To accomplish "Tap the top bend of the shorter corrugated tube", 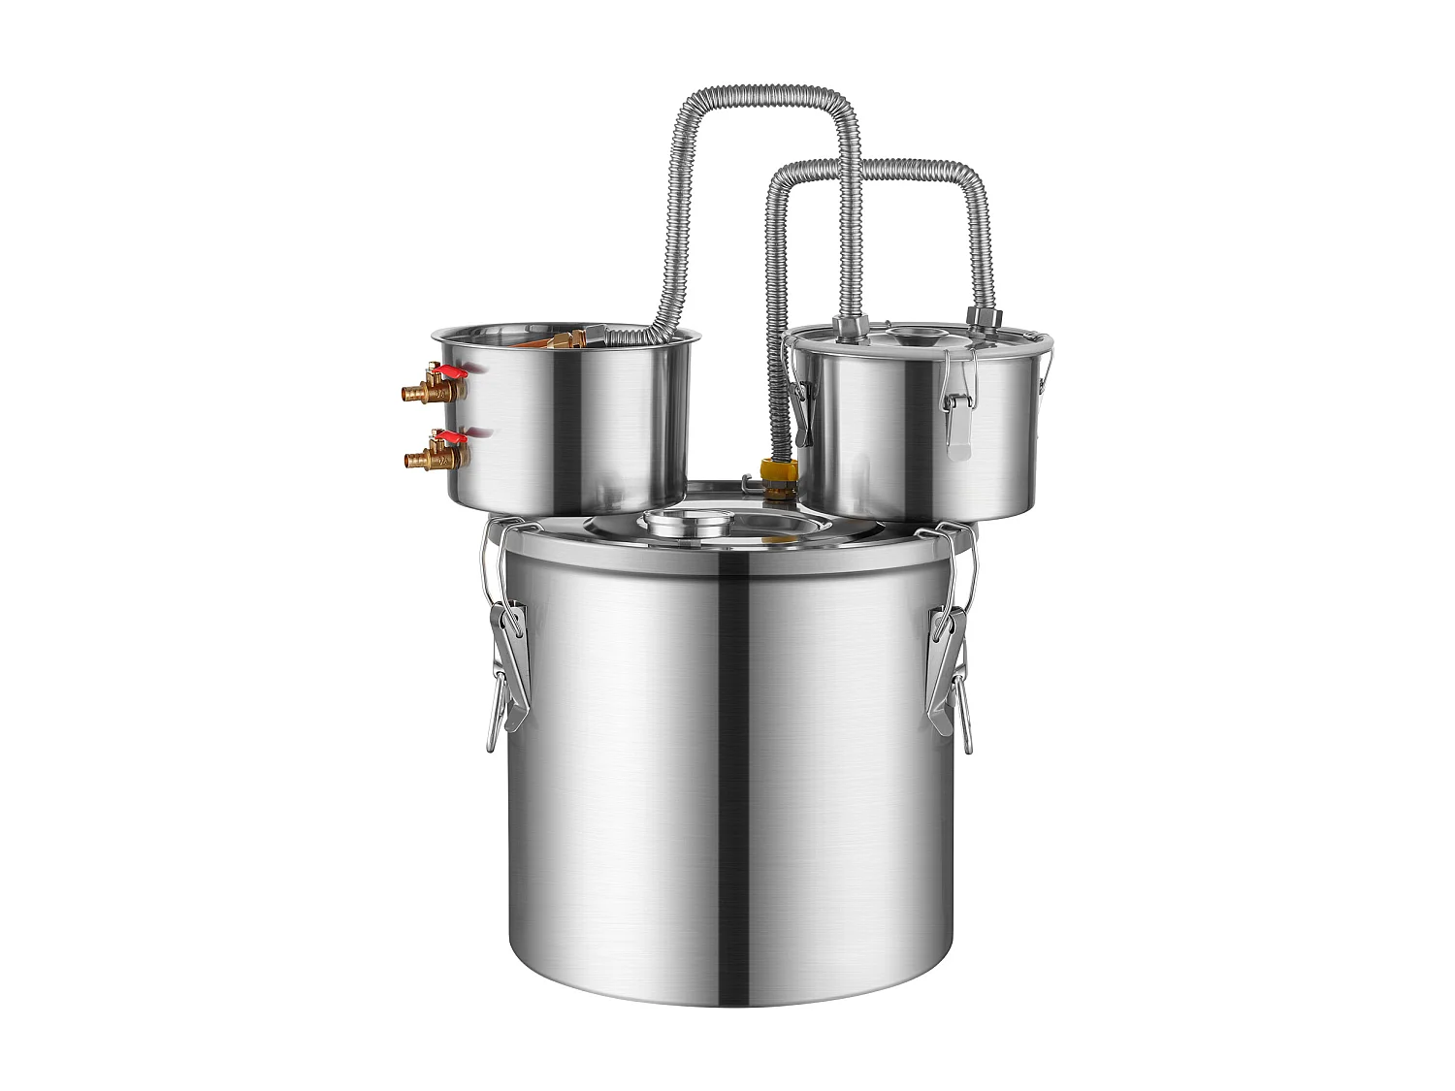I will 878,165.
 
